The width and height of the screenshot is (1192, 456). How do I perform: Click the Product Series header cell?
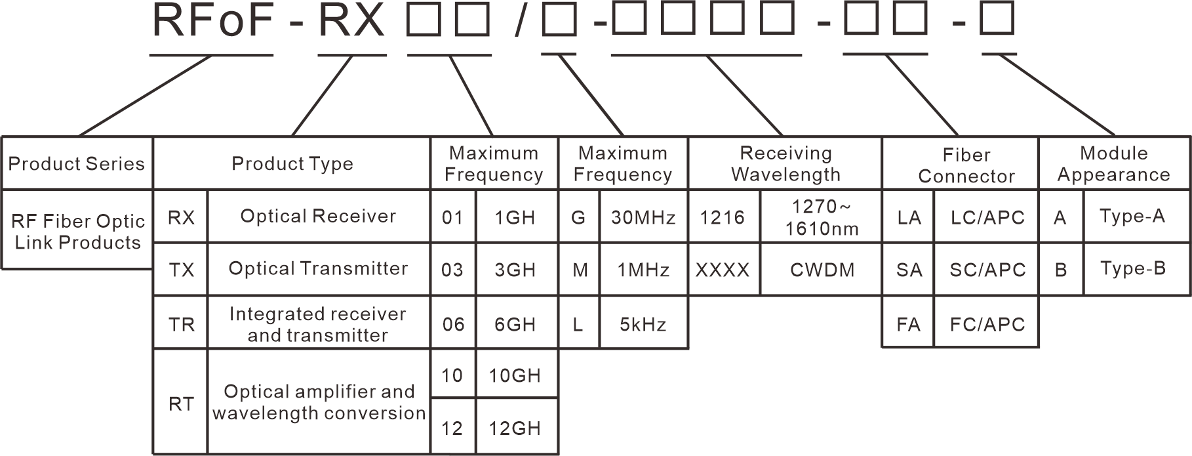(77, 163)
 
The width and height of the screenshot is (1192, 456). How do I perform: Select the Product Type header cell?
(292, 163)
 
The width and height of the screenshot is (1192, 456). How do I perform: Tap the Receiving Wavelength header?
(785, 163)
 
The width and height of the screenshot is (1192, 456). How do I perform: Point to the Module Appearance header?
(1113, 163)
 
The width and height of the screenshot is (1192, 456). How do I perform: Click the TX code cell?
(181, 270)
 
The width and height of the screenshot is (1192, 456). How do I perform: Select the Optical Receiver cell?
(318, 217)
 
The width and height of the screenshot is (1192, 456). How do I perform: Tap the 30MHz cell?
(643, 217)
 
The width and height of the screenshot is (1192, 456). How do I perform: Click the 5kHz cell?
(643, 324)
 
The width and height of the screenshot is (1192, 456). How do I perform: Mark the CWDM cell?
(822, 270)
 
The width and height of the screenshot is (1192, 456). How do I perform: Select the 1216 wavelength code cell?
(723, 217)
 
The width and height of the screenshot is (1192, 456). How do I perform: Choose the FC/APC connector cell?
(987, 324)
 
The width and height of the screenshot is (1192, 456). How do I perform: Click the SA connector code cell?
(909, 270)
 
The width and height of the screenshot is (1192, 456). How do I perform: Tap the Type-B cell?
(1132, 269)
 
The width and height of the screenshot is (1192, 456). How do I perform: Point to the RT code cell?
(181, 403)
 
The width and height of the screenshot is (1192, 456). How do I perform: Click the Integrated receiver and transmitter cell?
(318, 324)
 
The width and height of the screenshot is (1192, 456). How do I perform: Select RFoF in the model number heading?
(211, 21)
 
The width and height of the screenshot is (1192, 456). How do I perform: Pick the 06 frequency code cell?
(453, 324)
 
